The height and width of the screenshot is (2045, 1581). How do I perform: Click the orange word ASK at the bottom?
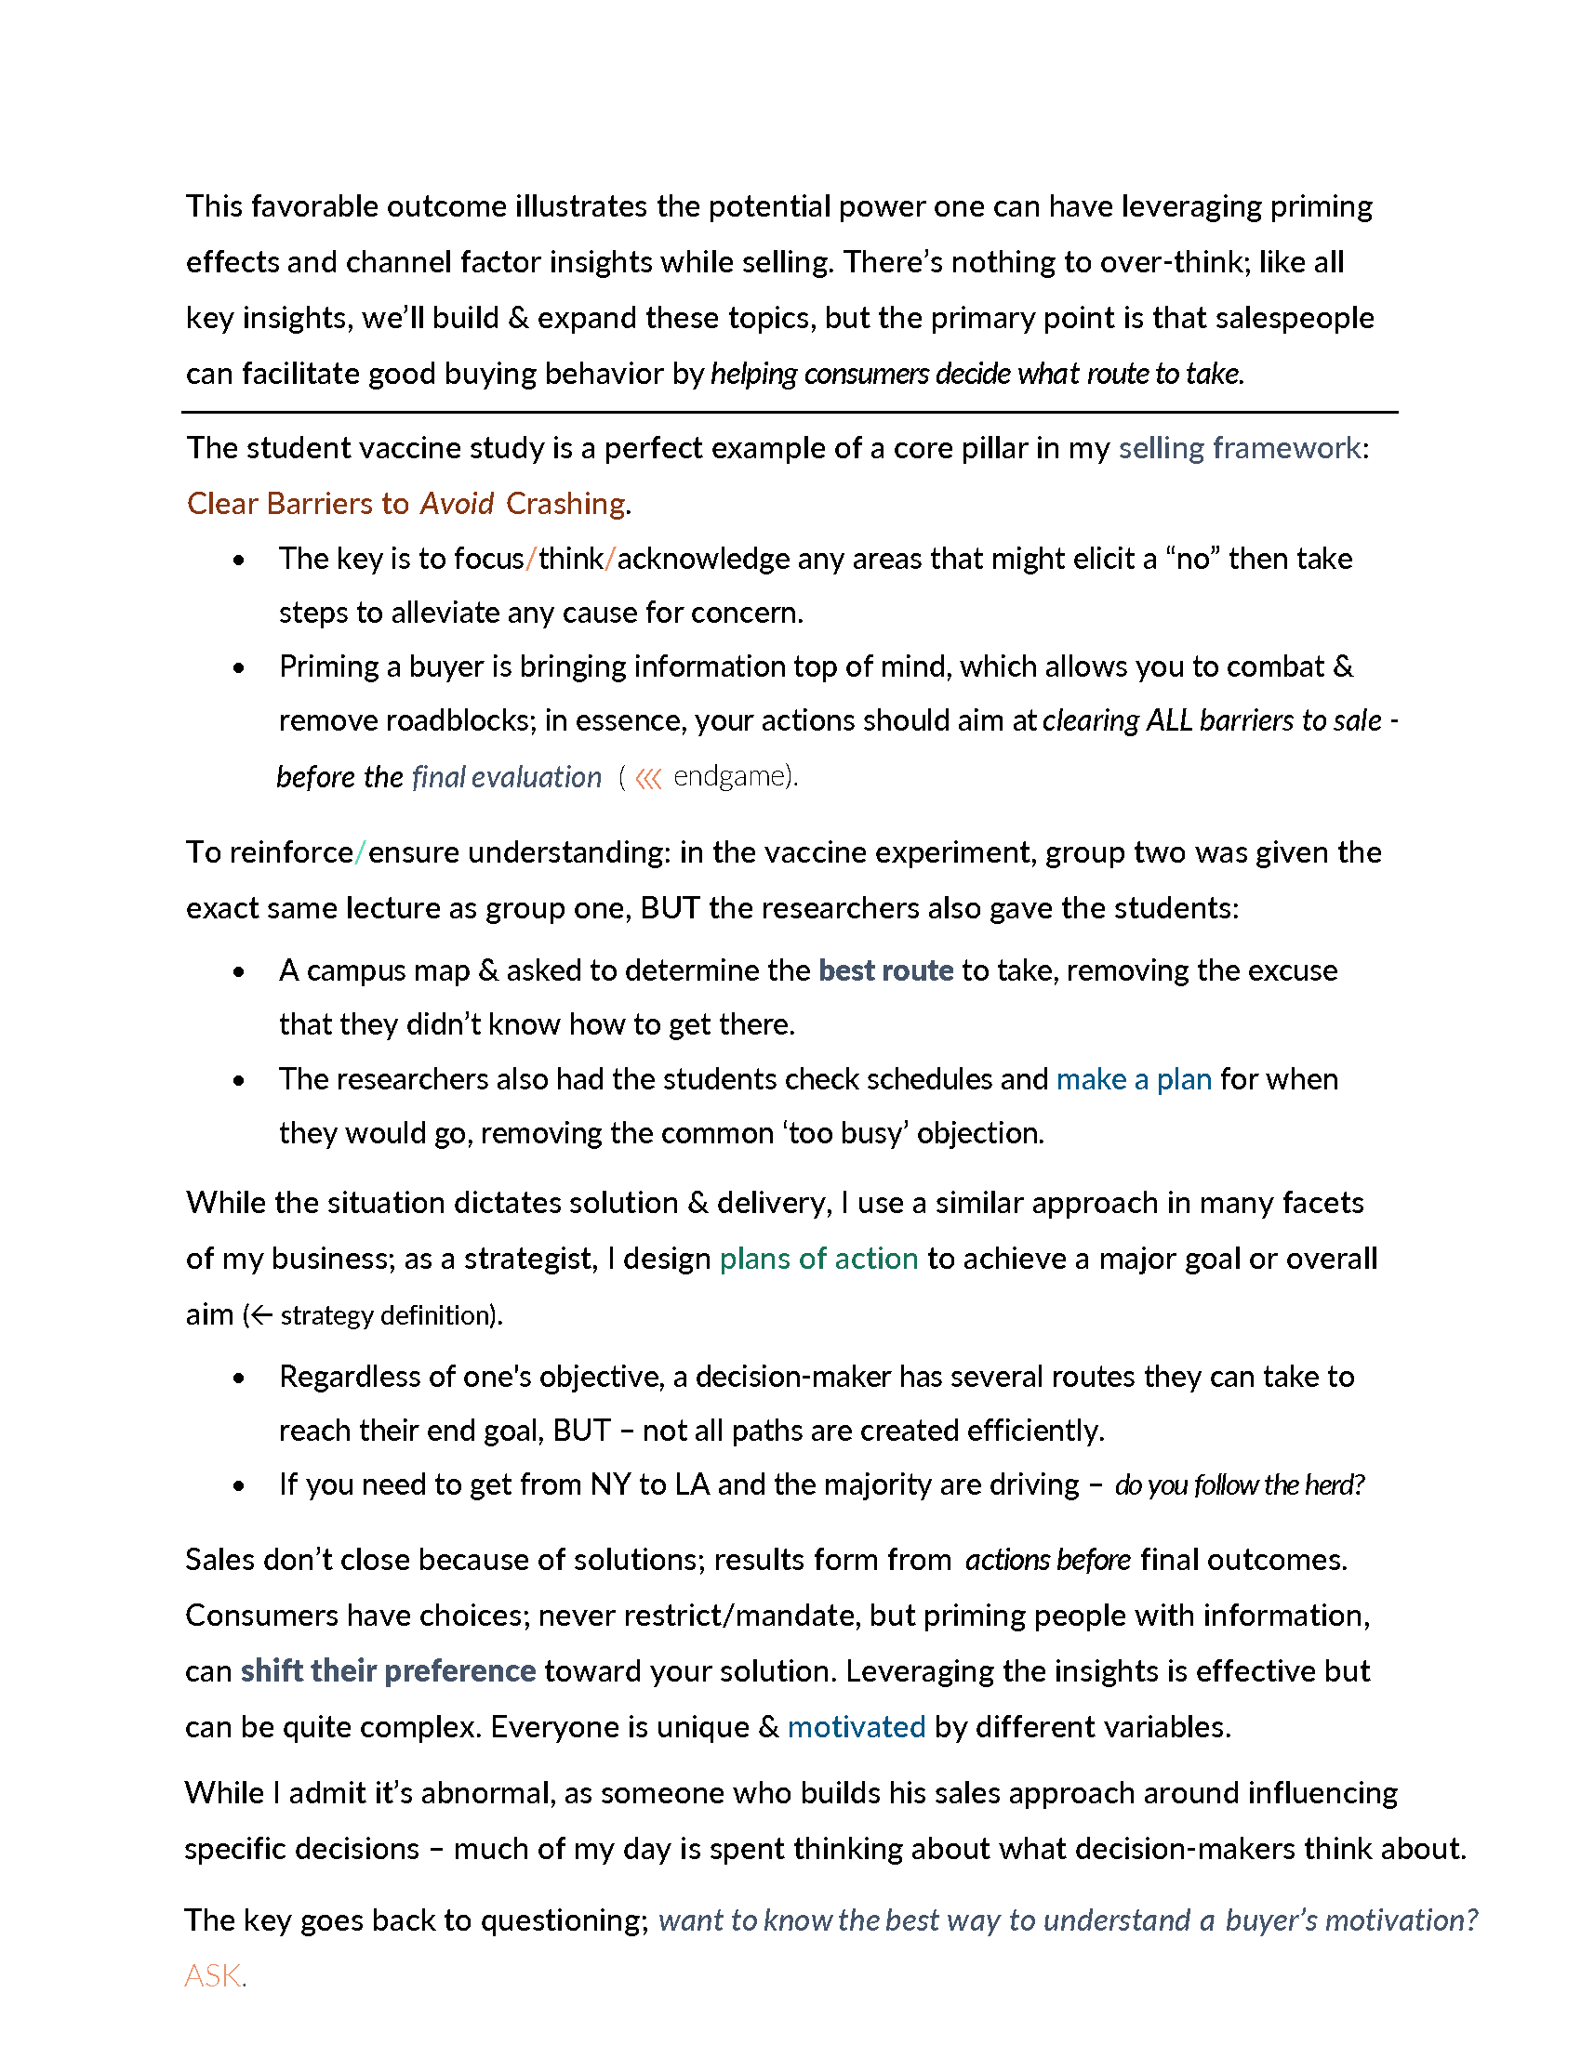[213, 1975]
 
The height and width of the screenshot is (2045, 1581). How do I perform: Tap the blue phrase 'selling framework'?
[1239, 449]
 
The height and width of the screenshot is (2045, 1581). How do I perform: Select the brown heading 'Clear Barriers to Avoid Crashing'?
[405, 504]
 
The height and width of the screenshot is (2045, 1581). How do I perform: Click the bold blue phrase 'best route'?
[885, 970]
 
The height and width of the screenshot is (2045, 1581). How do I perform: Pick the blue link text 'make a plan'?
[1134, 1079]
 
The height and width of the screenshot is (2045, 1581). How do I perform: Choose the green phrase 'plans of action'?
[818, 1259]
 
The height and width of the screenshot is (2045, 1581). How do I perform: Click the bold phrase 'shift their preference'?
[388, 1671]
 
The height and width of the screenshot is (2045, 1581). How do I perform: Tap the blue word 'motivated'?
[856, 1727]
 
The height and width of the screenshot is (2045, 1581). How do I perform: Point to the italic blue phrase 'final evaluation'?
[506, 777]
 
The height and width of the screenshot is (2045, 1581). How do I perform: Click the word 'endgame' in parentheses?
[729, 776]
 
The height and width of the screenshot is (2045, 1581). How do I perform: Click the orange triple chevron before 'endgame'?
[648, 778]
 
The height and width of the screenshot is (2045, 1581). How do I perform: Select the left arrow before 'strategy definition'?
[261, 1315]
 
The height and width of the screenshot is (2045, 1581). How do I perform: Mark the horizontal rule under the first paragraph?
[790, 412]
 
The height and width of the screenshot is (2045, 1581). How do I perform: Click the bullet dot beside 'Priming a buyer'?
[239, 667]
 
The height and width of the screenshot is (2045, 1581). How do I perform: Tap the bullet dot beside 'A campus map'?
[239, 972]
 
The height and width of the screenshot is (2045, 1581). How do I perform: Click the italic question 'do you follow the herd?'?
[1239, 1485]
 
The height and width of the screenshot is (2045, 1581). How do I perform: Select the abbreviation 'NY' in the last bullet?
[610, 1485]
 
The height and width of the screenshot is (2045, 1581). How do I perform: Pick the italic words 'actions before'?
[1048, 1560]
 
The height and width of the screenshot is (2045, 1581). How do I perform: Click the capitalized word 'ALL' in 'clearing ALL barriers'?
[1169, 721]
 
